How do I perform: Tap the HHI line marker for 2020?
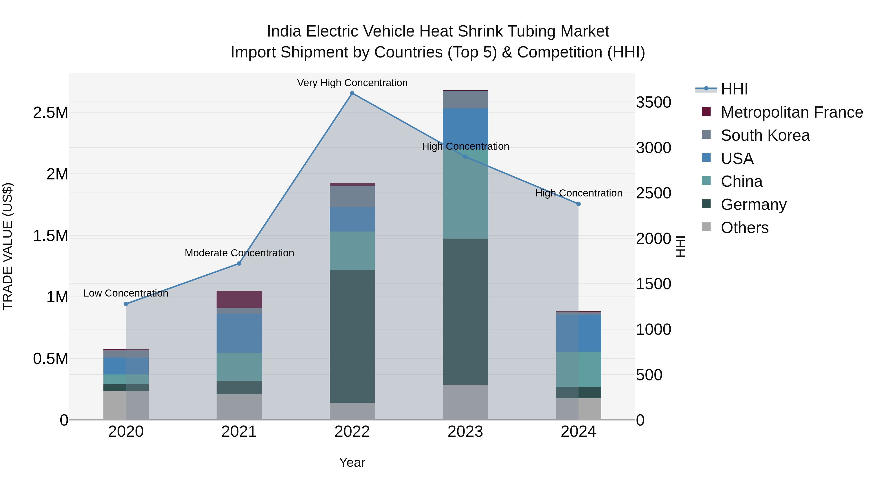pos(126,304)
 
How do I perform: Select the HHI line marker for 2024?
pos(578,204)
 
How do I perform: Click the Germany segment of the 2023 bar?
pos(465,311)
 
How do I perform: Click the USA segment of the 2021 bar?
pos(239,333)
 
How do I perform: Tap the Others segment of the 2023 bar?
pos(465,402)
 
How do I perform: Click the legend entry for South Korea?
pos(765,135)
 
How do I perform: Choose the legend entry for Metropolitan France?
pos(792,112)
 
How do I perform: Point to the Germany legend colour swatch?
pos(706,204)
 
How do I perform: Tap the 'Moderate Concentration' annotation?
pos(239,253)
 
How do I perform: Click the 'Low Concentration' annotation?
pos(126,293)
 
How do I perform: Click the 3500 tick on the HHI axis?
pos(653,102)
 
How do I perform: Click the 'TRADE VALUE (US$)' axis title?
pos(8,246)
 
